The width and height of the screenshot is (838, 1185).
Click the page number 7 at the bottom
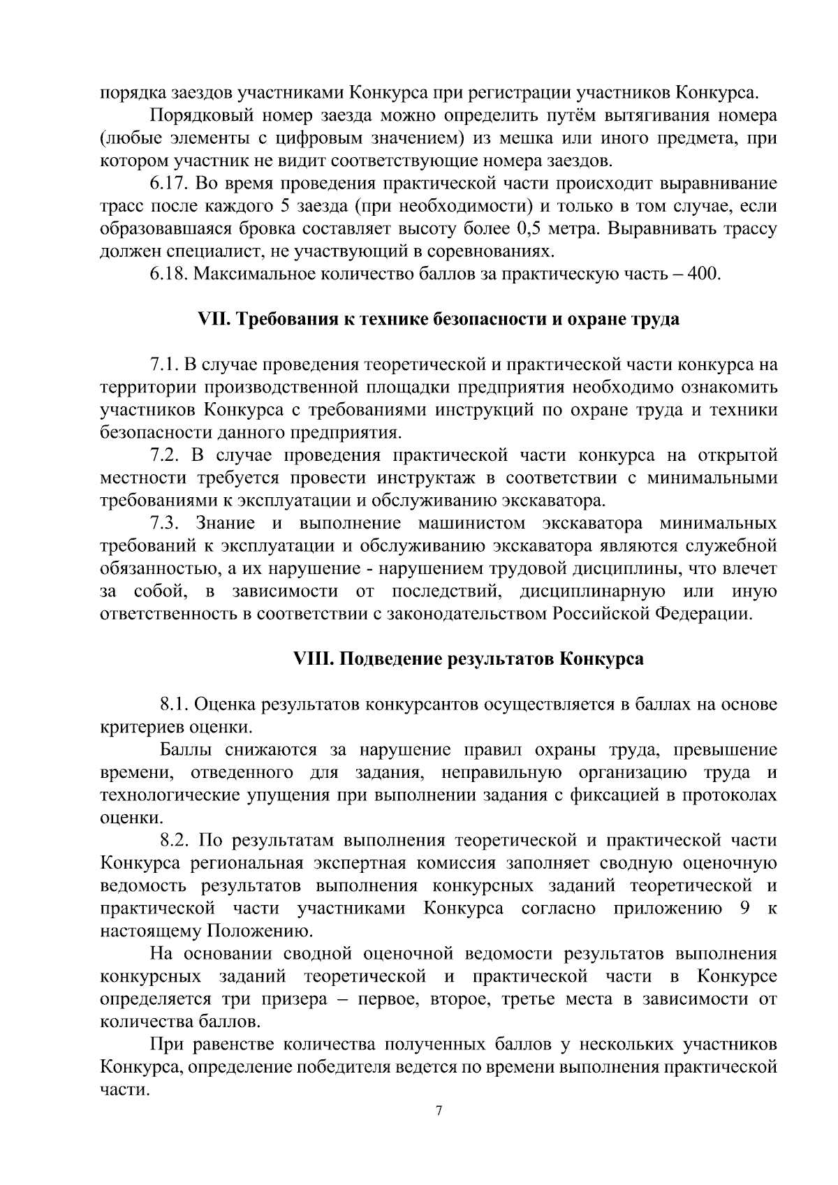[439, 1111]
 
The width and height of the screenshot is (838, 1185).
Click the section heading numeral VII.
[212, 320]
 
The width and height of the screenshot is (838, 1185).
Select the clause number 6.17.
[169, 184]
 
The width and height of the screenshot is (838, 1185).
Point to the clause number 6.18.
[169, 274]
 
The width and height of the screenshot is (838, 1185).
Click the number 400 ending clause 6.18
[703, 274]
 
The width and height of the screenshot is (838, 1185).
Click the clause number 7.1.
[163, 365]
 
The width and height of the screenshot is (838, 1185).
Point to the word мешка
[535, 139]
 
